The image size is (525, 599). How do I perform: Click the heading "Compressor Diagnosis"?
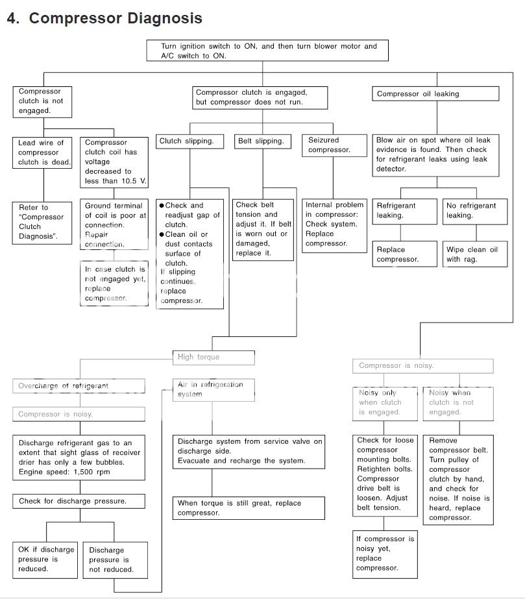[115, 18]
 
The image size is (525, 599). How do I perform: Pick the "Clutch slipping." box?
[186, 141]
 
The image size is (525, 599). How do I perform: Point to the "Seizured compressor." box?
[330, 145]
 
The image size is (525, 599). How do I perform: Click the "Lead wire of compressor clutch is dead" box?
[43, 153]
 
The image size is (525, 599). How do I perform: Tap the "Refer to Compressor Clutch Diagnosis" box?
[43, 222]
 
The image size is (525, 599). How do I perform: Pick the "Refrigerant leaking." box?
[400, 211]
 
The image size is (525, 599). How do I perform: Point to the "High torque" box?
[214, 358]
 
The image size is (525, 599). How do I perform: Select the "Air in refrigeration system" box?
[214, 389]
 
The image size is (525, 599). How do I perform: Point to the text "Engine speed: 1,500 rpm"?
[60, 472]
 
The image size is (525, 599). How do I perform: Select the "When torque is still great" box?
[249, 508]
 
